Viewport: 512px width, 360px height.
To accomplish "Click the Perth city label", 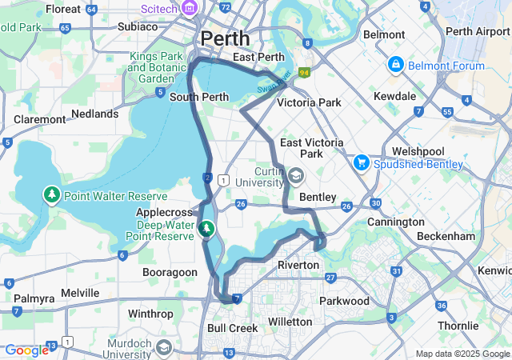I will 225,38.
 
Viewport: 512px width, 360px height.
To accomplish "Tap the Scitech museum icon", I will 190,8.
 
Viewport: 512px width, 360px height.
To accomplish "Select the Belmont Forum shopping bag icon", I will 395,62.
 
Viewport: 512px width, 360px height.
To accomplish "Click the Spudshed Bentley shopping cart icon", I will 362,162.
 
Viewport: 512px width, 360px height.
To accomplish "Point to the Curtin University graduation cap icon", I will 297,175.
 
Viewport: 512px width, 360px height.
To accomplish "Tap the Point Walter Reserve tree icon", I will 52,194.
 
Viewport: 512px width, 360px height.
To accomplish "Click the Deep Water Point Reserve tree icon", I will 206,230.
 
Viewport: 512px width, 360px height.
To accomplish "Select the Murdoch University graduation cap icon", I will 164,347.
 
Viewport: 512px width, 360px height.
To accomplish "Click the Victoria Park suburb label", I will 309,102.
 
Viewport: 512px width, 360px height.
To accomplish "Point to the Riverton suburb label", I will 298,265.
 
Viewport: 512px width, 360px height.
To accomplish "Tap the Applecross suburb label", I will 165,213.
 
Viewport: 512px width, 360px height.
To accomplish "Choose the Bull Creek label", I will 232,328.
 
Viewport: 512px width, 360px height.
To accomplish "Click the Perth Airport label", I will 477,32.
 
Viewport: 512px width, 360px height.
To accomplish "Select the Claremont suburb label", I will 39,119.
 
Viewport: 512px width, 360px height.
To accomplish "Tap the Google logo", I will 26,350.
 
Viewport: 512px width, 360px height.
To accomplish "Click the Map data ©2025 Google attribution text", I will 462,354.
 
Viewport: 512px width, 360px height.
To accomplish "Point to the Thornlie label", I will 462,326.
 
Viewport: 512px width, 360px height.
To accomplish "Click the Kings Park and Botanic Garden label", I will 156,68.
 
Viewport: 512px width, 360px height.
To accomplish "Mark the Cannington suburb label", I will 395,222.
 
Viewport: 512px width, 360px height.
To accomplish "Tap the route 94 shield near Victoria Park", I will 304,73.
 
